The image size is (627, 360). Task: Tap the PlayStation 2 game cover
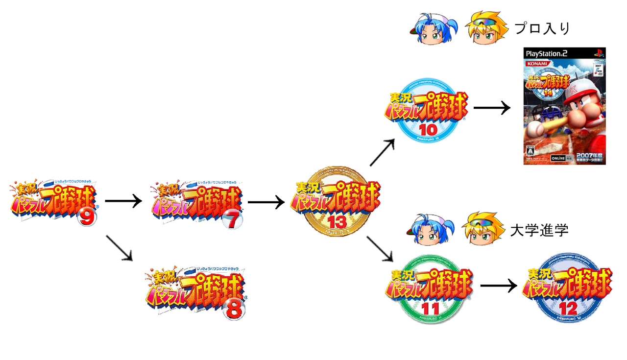[x=564, y=106]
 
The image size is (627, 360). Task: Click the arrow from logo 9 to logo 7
[x=123, y=201]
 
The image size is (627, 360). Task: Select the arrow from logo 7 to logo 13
[x=266, y=201]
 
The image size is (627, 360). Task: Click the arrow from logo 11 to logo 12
[x=498, y=286]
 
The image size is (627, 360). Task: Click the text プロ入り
[x=542, y=28]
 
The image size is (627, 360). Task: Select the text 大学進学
[x=539, y=230]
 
